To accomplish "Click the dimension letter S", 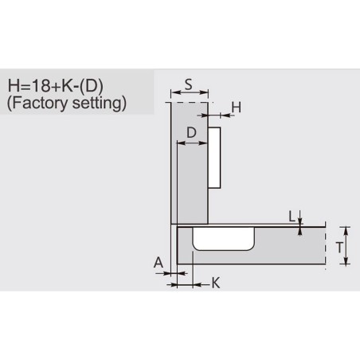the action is click(x=188, y=84).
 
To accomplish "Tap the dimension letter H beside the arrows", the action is click(x=236, y=108).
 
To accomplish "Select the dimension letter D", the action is click(x=191, y=132).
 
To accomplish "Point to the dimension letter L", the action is click(x=292, y=217).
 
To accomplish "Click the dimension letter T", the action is click(x=339, y=248).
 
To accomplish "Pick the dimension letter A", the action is click(x=158, y=263).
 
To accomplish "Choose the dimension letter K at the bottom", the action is click(x=216, y=283).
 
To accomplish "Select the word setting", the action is click(x=97, y=104).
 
